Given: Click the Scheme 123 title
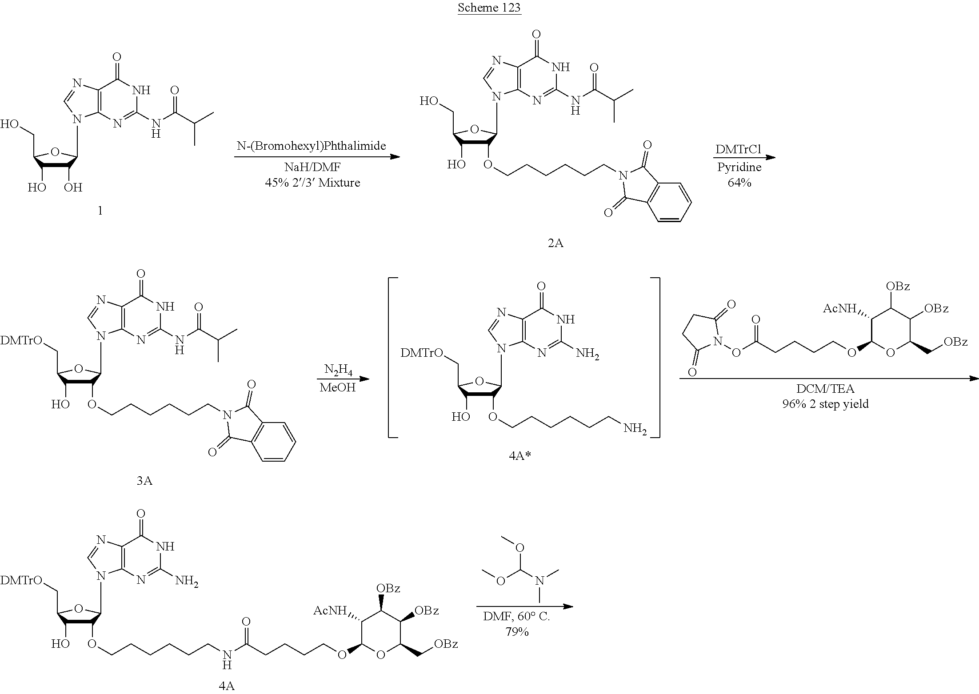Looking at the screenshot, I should coord(489,8).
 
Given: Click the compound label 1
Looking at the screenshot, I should coord(100,211).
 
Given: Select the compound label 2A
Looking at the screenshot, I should coord(555,243).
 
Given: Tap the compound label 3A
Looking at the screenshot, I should coord(144,481).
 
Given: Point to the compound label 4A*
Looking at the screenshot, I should coord(520,456).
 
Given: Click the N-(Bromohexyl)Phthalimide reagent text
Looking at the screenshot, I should coord(311,146).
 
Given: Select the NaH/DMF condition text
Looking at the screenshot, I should coord(311,168).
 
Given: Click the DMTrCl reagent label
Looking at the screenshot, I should coord(739,149).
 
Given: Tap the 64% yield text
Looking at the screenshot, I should coord(739,183).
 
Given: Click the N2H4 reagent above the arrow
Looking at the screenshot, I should coord(338,370).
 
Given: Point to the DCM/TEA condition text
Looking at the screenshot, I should coord(825,389).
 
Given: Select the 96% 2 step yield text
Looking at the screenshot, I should coord(825,404).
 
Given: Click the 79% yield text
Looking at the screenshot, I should coord(517,631).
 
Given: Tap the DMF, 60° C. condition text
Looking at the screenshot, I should coord(517,617).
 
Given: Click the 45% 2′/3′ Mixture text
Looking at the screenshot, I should coord(312,183).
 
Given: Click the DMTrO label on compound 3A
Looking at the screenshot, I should coord(21,341).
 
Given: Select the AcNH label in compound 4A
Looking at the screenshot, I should coord(330,610).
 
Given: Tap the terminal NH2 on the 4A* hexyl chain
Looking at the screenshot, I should coord(635,429).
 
